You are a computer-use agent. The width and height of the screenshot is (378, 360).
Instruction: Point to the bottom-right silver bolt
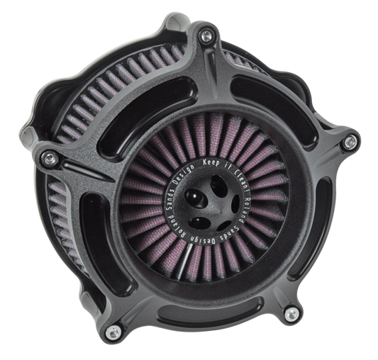(x=290, y=313)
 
